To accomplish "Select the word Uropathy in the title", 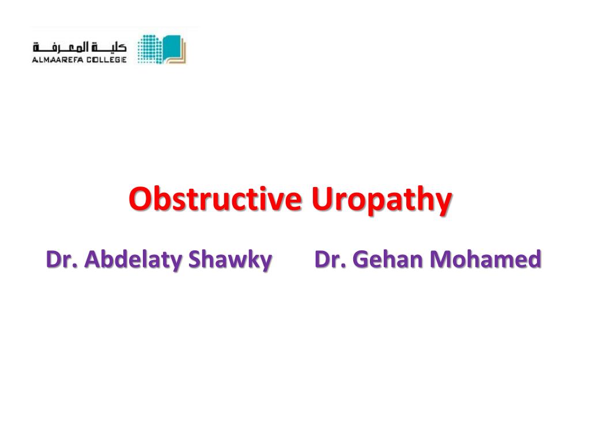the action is tap(381, 201).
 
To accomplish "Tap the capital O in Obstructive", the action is tap(140, 199).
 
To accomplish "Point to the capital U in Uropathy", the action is tap(322, 199).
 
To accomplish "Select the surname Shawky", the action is tap(230, 260).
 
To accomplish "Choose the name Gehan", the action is tap(388, 259).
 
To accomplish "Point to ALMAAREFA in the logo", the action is tap(57, 60).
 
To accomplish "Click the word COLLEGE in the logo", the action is tap(107, 60).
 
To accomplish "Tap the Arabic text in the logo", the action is tap(80, 48).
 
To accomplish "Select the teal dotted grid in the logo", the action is tap(150, 49).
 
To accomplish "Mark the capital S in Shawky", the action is tap(195, 259).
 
